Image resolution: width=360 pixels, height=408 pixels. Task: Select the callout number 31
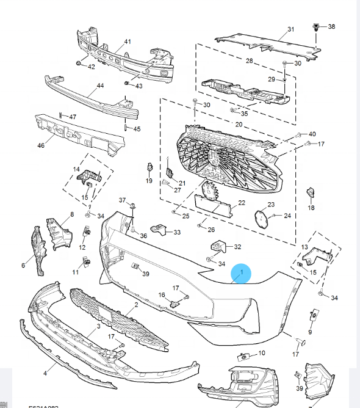(x=290, y=29)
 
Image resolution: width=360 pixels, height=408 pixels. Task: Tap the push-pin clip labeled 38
(x=316, y=27)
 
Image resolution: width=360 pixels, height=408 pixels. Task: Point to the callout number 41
(x=128, y=42)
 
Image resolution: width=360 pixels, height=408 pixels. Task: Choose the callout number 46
(x=41, y=146)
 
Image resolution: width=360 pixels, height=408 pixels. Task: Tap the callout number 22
(x=242, y=203)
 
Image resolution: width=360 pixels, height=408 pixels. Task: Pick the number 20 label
(x=239, y=124)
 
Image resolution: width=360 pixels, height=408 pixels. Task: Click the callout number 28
(x=249, y=61)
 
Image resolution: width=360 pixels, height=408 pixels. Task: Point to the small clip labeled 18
(x=310, y=194)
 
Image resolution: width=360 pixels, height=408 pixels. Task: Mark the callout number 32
(x=237, y=247)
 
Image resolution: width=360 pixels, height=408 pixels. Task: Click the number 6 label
(x=24, y=265)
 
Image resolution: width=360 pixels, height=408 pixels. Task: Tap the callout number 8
(x=72, y=214)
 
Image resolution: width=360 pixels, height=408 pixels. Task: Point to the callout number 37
(x=121, y=201)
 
